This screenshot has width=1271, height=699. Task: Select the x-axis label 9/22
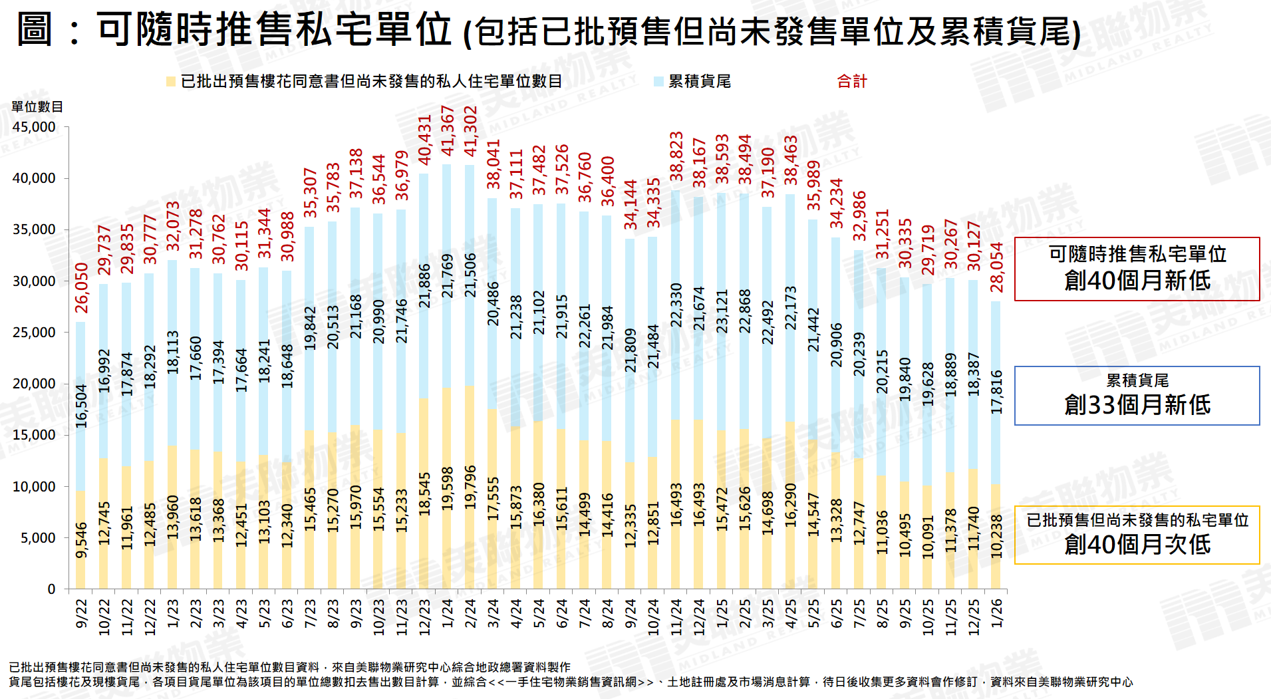[x=82, y=613]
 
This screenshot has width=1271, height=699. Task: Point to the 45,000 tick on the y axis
[x=34, y=127]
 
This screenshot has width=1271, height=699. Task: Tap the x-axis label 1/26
[x=996, y=613]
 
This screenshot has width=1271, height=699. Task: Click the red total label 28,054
[x=996, y=267]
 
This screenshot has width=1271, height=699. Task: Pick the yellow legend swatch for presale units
[x=171, y=82]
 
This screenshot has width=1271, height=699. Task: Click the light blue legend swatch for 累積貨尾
[x=658, y=82]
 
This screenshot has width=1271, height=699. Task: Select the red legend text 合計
[x=852, y=82]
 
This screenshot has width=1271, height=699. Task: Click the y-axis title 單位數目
[x=37, y=107]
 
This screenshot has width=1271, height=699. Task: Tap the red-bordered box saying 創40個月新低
[x=1137, y=269]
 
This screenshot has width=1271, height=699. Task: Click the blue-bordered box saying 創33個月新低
[x=1137, y=396]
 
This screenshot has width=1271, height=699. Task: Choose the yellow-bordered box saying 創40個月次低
[x=1137, y=535]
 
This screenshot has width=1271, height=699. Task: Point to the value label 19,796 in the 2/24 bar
[x=470, y=488]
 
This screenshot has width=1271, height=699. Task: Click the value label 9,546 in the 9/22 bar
[x=82, y=540]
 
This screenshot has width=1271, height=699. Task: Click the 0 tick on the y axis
[x=51, y=589]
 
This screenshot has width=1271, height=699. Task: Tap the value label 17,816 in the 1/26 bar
[x=996, y=392]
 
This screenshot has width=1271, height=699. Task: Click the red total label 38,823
[x=676, y=156]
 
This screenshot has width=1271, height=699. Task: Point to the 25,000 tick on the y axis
[x=34, y=333]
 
